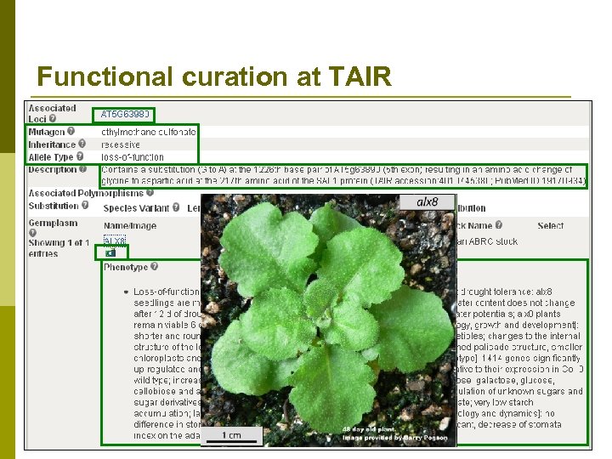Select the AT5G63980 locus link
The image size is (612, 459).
126,113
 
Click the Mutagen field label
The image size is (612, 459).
47,132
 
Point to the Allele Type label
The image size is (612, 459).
51,157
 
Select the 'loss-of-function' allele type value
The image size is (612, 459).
133,157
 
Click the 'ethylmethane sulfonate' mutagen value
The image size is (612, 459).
148,133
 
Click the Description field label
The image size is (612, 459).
52,169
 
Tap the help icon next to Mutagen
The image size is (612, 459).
71,132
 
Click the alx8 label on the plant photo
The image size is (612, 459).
428,202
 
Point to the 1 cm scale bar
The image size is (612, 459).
231,434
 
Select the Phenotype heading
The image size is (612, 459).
126,267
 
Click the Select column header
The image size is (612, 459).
550,225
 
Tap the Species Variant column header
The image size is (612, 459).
136,208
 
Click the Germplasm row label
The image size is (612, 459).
53,224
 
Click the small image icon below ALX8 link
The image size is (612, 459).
110,252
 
